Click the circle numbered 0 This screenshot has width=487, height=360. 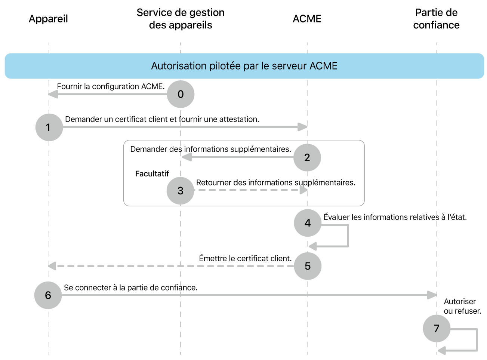(181, 94)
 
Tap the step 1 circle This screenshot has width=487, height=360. (49, 127)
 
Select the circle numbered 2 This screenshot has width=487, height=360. (307, 157)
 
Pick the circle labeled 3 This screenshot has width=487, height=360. (181, 191)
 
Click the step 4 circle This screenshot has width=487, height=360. (308, 223)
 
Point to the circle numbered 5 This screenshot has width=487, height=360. (308, 266)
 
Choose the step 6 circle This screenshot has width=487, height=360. (48, 295)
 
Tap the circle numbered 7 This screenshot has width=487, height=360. (436, 329)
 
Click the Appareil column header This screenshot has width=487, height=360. (48, 19)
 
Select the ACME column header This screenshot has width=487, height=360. (307, 19)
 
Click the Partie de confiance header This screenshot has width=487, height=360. (436, 19)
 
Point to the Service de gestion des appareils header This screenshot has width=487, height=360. (181, 19)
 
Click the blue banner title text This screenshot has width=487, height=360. (244, 66)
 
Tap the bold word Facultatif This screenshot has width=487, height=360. (152, 174)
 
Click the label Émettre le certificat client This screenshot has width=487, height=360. (245, 258)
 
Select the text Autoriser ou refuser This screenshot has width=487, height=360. (462, 306)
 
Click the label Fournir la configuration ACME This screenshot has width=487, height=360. (111, 86)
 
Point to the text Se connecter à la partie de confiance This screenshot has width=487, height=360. (130, 287)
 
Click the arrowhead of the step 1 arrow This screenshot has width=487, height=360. (303, 127)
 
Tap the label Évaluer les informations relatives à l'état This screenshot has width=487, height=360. (395, 217)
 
